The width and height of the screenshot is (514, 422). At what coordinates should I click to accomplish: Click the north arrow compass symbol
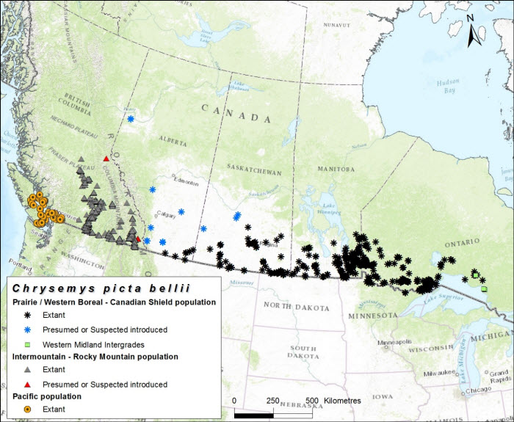pyautogui.click(x=476, y=29)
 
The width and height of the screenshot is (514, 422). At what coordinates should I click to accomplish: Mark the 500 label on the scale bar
pyautogui.click(x=311, y=401)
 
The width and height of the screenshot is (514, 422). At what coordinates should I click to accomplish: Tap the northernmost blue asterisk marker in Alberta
pyautogui.click(x=131, y=119)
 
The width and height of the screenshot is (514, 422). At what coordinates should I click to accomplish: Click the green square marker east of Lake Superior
pyautogui.click(x=484, y=289)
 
